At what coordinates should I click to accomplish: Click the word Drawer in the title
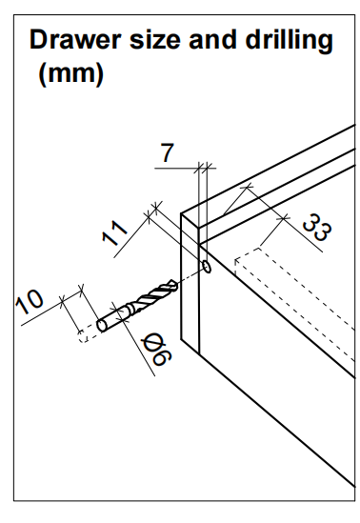click(x=75, y=39)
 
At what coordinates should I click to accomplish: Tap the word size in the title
click(x=154, y=40)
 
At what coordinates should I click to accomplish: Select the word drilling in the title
click(x=289, y=41)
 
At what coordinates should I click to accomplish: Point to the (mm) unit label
click(x=71, y=73)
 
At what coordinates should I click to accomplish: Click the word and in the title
click(x=212, y=39)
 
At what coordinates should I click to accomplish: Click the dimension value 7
click(x=167, y=152)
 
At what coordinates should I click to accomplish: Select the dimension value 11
click(x=114, y=232)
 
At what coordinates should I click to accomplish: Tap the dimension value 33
click(x=316, y=228)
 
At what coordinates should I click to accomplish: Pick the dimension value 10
click(x=30, y=302)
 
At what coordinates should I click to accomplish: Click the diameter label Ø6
click(x=156, y=351)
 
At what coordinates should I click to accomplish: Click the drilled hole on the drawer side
click(x=207, y=267)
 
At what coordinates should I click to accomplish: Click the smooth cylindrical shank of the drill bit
click(x=111, y=319)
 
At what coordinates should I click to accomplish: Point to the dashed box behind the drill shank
click(x=88, y=333)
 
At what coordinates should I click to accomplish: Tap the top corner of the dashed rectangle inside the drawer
click(x=259, y=248)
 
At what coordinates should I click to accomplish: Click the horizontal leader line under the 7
click(x=186, y=168)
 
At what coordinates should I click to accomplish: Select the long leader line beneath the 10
click(x=51, y=309)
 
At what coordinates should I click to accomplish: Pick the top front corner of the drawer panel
click(x=181, y=213)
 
